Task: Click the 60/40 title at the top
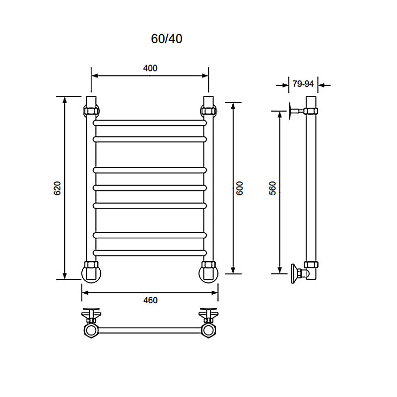click(167, 39)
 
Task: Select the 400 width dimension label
click(150, 68)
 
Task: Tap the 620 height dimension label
click(58, 188)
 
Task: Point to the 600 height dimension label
click(239, 188)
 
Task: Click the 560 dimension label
click(272, 188)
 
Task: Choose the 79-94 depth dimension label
click(303, 83)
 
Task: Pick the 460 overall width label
click(150, 300)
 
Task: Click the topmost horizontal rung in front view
click(150, 123)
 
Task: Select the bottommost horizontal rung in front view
click(150, 253)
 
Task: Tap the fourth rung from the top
click(150, 188)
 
